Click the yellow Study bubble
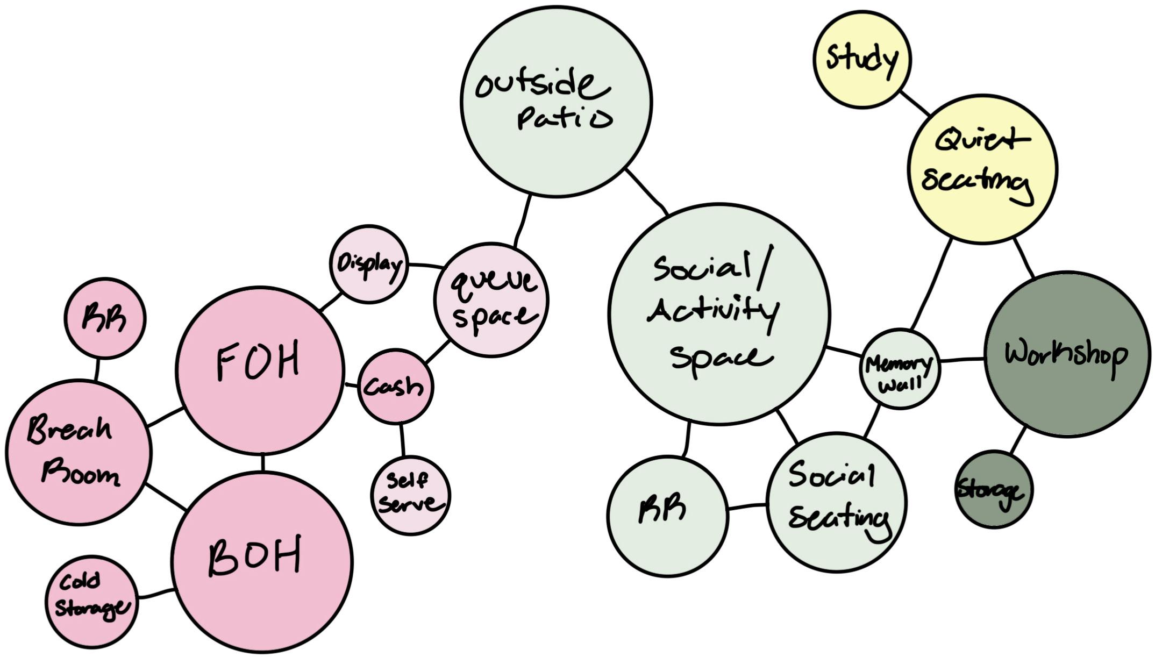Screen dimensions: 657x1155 tap(861, 59)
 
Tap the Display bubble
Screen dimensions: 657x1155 tap(369, 264)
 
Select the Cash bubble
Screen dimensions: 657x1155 tap(395, 386)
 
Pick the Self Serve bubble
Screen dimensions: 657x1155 tap(410, 495)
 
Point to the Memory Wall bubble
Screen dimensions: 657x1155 tap(900, 369)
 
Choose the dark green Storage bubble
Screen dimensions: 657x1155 tap(993, 489)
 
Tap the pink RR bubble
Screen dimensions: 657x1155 tap(105, 318)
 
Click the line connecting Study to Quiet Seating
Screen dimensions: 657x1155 tap(915, 103)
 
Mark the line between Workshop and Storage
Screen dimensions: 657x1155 tap(1017, 440)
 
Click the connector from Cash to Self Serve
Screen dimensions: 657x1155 tap(402, 440)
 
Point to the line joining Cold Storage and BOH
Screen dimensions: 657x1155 tap(156, 594)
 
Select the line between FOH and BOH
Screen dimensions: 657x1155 tap(262, 463)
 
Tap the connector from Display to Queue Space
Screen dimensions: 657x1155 tap(426, 265)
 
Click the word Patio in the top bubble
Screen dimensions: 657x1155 tap(565, 118)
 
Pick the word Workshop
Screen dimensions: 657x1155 tap(1066, 355)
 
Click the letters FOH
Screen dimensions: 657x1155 tap(258, 363)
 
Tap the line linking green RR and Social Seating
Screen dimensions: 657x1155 tap(746, 506)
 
